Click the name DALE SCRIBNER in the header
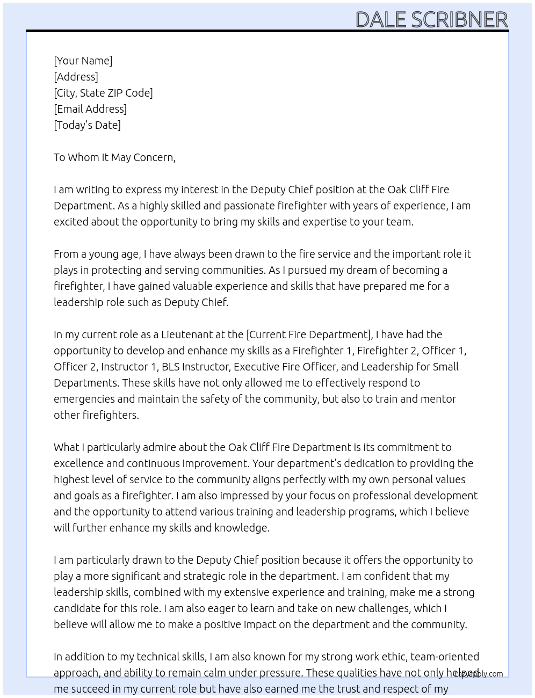coord(431,19)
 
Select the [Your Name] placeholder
coord(83,61)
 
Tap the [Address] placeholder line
coord(76,77)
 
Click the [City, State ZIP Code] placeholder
coord(103,93)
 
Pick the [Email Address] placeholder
coord(90,109)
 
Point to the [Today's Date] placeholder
coord(87,125)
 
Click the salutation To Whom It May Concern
coord(114,157)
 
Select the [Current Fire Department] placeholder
coord(309,335)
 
